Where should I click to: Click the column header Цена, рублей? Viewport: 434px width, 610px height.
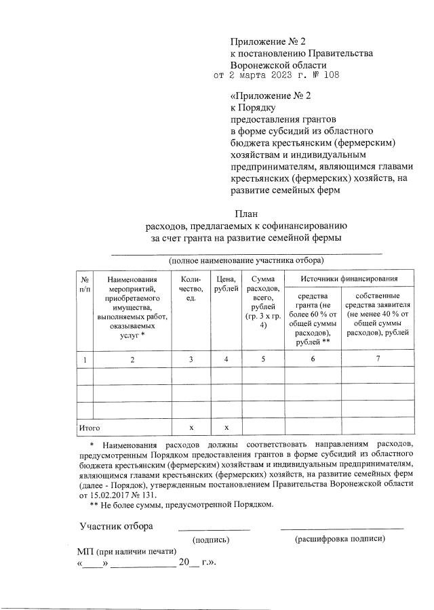coord(226,284)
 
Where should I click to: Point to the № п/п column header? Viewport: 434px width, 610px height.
coord(84,284)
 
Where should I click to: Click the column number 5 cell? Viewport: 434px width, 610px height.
coord(262,359)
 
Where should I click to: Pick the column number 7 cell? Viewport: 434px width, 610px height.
coord(378,359)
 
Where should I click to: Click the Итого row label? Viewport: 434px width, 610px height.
coord(90,428)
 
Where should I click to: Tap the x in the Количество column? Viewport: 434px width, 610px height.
coord(192,428)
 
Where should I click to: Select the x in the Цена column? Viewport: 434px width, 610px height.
coord(226,428)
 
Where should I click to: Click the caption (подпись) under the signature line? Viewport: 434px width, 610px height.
coord(211,540)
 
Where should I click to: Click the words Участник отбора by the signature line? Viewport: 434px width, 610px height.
coord(116,526)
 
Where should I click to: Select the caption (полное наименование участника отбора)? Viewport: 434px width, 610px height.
coord(246,260)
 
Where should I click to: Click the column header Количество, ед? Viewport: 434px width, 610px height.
coord(192,289)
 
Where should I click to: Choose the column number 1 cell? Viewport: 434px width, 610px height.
coord(84,359)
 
